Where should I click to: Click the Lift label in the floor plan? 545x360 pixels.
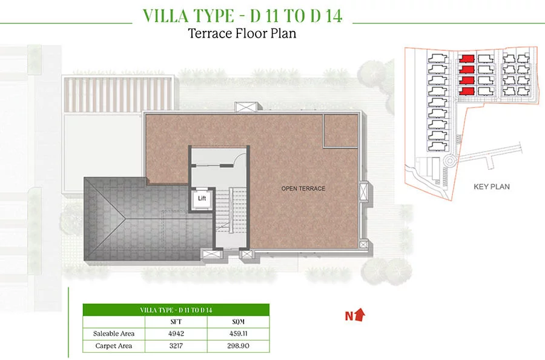point(202,198)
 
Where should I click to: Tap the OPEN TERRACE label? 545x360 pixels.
point(303,188)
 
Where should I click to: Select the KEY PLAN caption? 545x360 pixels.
point(492,187)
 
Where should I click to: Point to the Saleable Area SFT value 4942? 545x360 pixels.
point(176,333)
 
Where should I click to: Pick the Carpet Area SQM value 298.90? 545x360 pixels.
point(238,345)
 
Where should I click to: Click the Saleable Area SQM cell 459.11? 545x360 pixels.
point(238,333)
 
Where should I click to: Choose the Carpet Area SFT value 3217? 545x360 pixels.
point(176,345)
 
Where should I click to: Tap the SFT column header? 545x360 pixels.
point(176,322)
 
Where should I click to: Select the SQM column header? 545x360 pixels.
point(238,322)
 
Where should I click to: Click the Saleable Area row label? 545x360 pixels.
point(114,333)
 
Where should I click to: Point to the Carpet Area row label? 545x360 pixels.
point(114,345)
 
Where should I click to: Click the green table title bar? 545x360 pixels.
point(176,310)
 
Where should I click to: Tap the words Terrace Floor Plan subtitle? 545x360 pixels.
point(242,33)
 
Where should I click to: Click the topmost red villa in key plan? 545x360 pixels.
point(466,58)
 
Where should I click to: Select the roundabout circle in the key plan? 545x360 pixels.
point(450,161)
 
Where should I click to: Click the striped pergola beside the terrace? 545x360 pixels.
point(118,94)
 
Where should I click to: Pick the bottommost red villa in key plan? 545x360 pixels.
point(466,91)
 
